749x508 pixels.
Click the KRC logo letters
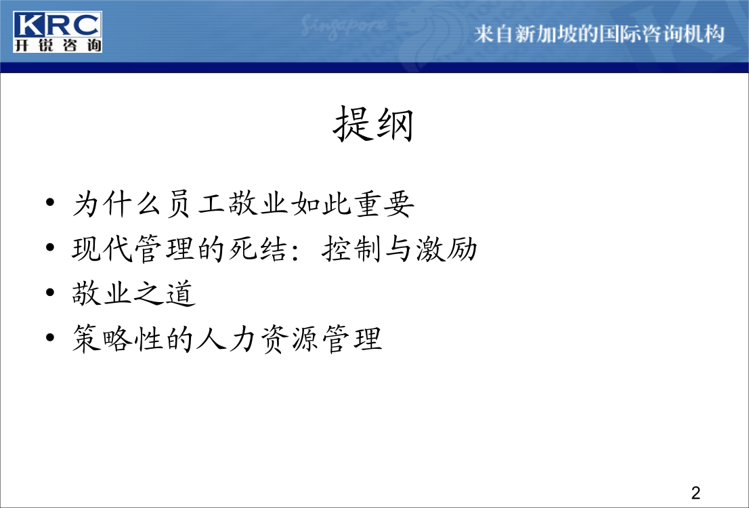tap(58, 25)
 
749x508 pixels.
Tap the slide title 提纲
tap(373, 124)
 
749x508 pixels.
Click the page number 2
tap(695, 492)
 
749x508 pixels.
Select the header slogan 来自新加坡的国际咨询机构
tap(599, 34)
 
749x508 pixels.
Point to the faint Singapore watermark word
tap(343, 27)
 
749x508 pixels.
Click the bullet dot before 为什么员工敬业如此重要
tap(50, 202)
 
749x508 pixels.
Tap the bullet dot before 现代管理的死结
tap(50, 247)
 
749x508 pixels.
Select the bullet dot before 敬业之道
tap(50, 292)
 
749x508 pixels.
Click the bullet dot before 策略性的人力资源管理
tap(50, 337)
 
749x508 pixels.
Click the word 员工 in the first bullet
tap(196, 204)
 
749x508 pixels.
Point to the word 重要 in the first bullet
tap(385, 204)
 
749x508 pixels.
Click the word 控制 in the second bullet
tap(353, 249)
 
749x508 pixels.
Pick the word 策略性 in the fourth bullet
tap(118, 339)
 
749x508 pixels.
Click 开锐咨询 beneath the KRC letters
tap(58, 45)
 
